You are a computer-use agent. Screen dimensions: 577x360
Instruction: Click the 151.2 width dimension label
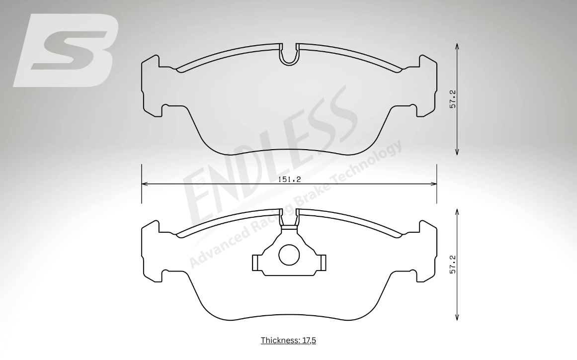[289, 180]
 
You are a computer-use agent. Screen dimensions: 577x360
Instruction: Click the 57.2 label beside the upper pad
[453, 99]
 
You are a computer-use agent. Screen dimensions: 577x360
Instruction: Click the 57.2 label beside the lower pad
[453, 265]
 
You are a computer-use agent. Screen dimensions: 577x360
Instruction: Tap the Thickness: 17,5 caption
[288, 340]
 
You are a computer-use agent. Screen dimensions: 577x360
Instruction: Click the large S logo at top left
[66, 50]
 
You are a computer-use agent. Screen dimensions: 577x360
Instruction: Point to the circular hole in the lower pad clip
[290, 255]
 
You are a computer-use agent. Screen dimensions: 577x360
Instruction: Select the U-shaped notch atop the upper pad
[289, 55]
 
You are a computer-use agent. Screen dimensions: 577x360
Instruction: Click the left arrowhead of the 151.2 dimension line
[145, 183]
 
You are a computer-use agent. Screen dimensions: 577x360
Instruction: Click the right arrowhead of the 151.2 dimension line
[433, 183]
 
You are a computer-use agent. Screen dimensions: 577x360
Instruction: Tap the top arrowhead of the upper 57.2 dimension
[457, 46]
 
